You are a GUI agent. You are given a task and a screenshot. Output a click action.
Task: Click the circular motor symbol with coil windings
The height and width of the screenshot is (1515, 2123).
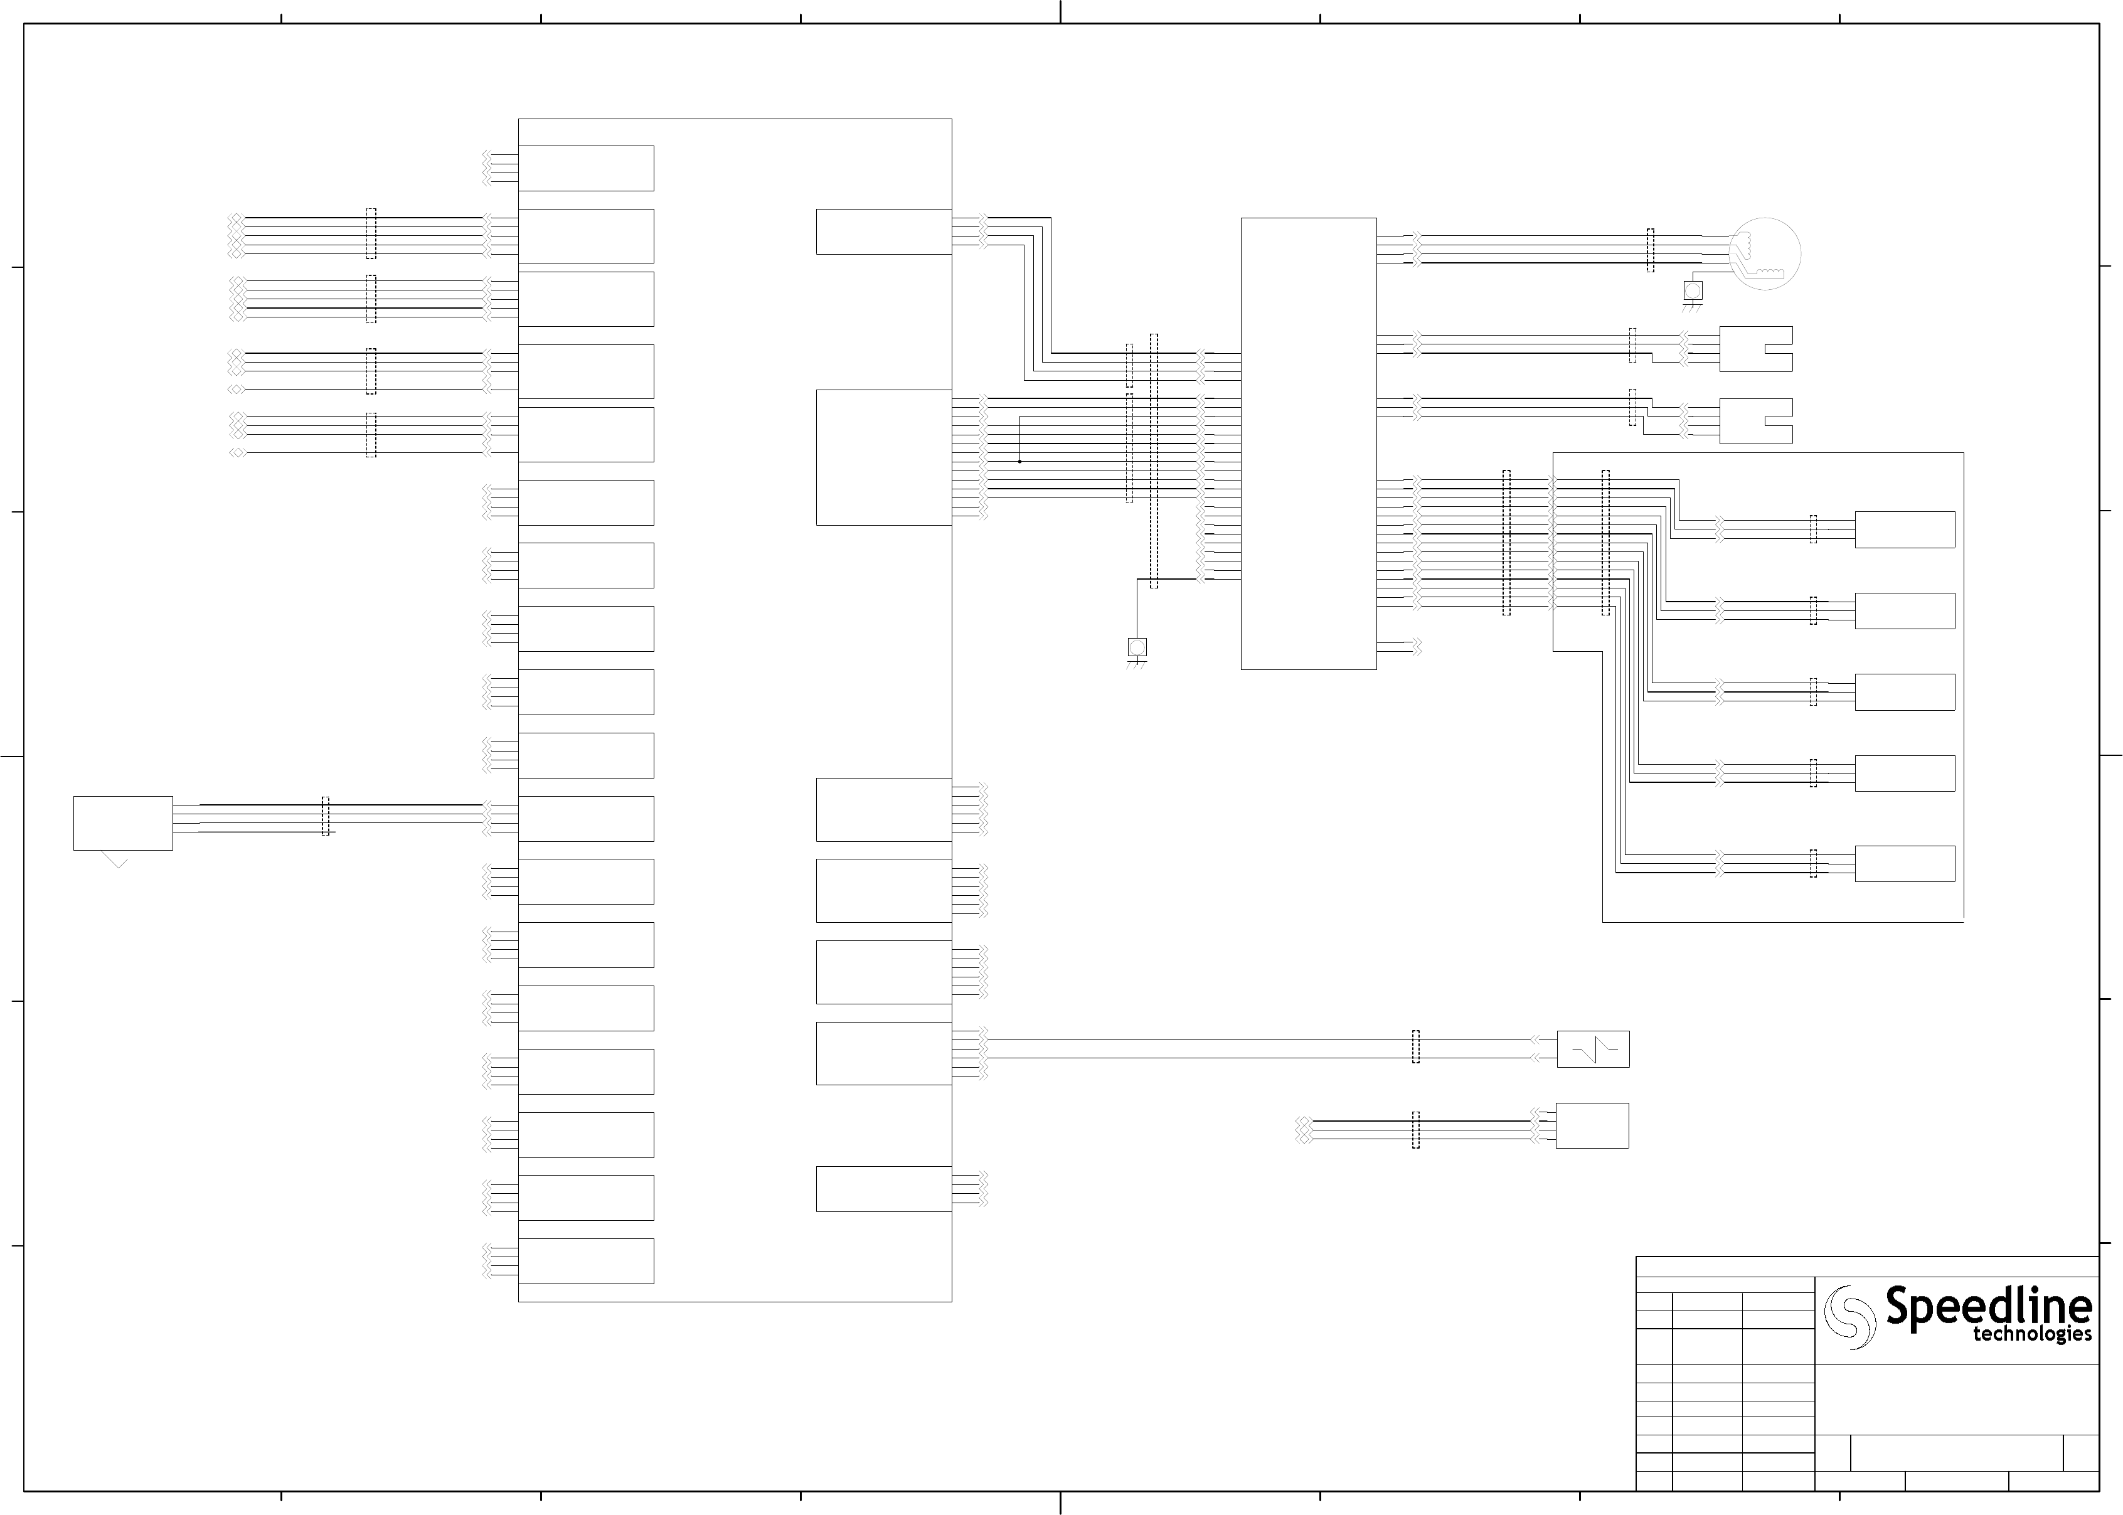[1764, 253]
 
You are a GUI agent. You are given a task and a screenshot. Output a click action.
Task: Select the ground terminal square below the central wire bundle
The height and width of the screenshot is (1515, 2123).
[1136, 647]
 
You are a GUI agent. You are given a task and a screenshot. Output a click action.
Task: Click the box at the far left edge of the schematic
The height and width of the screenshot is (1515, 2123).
[123, 823]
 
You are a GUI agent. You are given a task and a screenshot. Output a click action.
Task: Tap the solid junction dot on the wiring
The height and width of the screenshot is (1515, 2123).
[1019, 461]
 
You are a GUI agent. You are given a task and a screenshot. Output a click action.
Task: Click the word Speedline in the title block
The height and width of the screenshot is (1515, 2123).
[1987, 1306]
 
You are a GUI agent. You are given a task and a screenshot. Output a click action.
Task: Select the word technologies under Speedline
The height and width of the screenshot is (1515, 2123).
[2031, 1335]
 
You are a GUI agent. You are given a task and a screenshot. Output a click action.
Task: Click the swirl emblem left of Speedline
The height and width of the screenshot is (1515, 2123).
[1849, 1316]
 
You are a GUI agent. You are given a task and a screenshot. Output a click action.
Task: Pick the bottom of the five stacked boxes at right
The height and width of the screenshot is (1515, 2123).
[1904, 863]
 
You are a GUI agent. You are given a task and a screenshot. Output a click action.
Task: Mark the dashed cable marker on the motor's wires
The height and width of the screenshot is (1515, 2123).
[1650, 250]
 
